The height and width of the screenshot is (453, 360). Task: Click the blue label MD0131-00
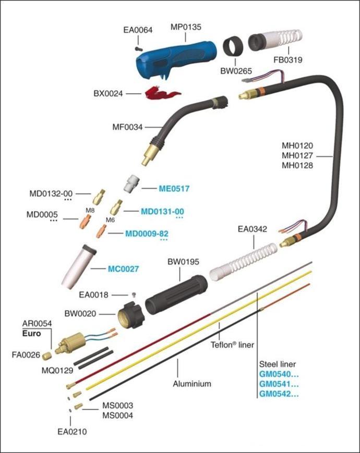(x=162, y=211)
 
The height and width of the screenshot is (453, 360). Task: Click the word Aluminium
(x=192, y=384)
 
